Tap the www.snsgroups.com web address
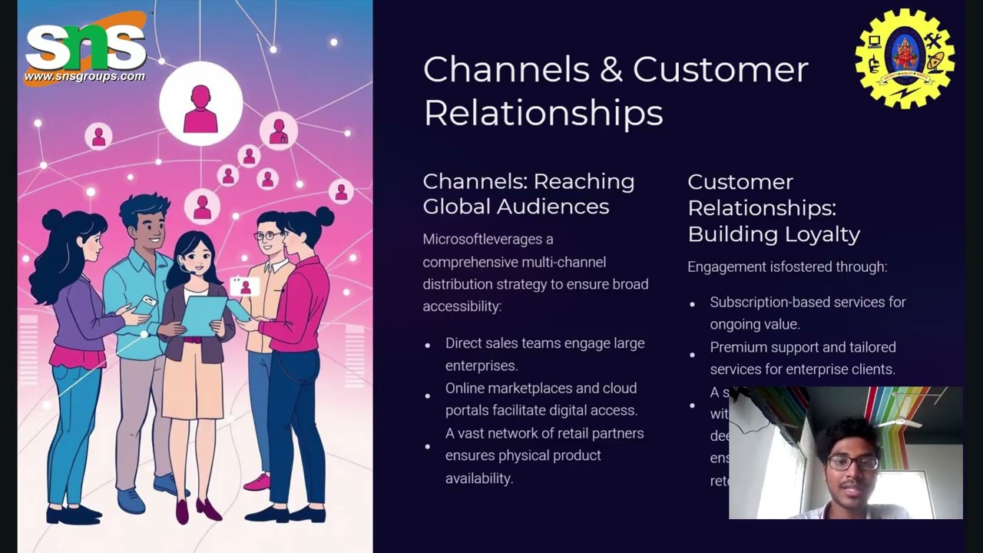[84, 77]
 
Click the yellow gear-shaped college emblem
[905, 58]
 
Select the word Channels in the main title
[505, 69]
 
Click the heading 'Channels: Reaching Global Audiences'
[528, 194]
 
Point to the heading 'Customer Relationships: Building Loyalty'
[773, 207]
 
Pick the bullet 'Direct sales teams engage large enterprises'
[544, 354]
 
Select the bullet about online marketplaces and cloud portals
[541, 399]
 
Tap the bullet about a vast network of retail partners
[544, 455]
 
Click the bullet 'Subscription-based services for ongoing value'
[807, 313]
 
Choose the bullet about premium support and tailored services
[803, 358]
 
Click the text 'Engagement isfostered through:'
[787, 267]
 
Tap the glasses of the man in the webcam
[852, 462]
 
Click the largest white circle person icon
[200, 104]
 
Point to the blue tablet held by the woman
[204, 315]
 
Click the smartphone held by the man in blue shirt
[145, 303]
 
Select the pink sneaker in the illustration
[257, 482]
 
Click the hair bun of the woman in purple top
[51, 220]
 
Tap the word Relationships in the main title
[543, 113]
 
